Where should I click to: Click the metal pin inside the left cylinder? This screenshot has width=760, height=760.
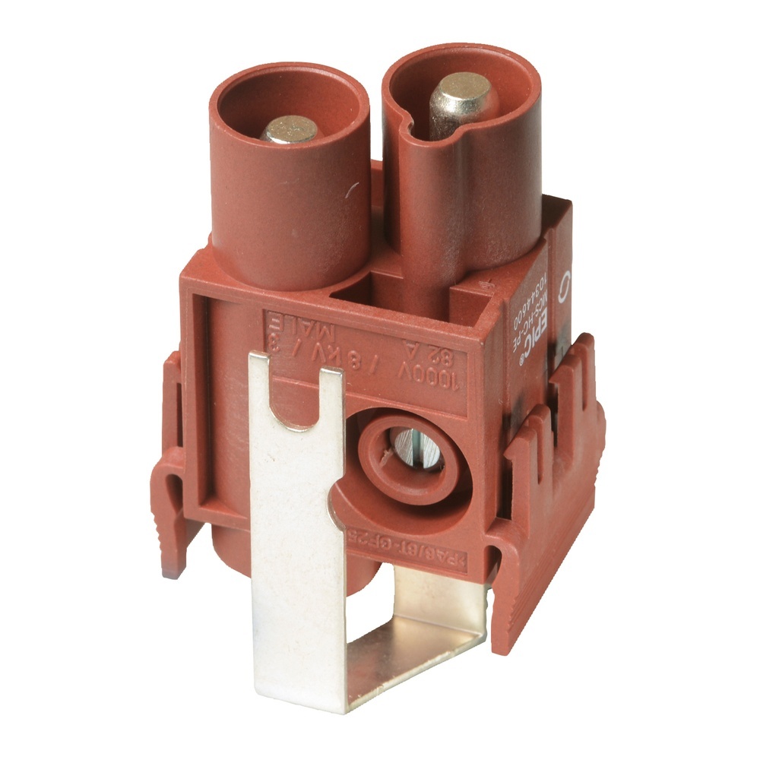[x=290, y=129]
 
